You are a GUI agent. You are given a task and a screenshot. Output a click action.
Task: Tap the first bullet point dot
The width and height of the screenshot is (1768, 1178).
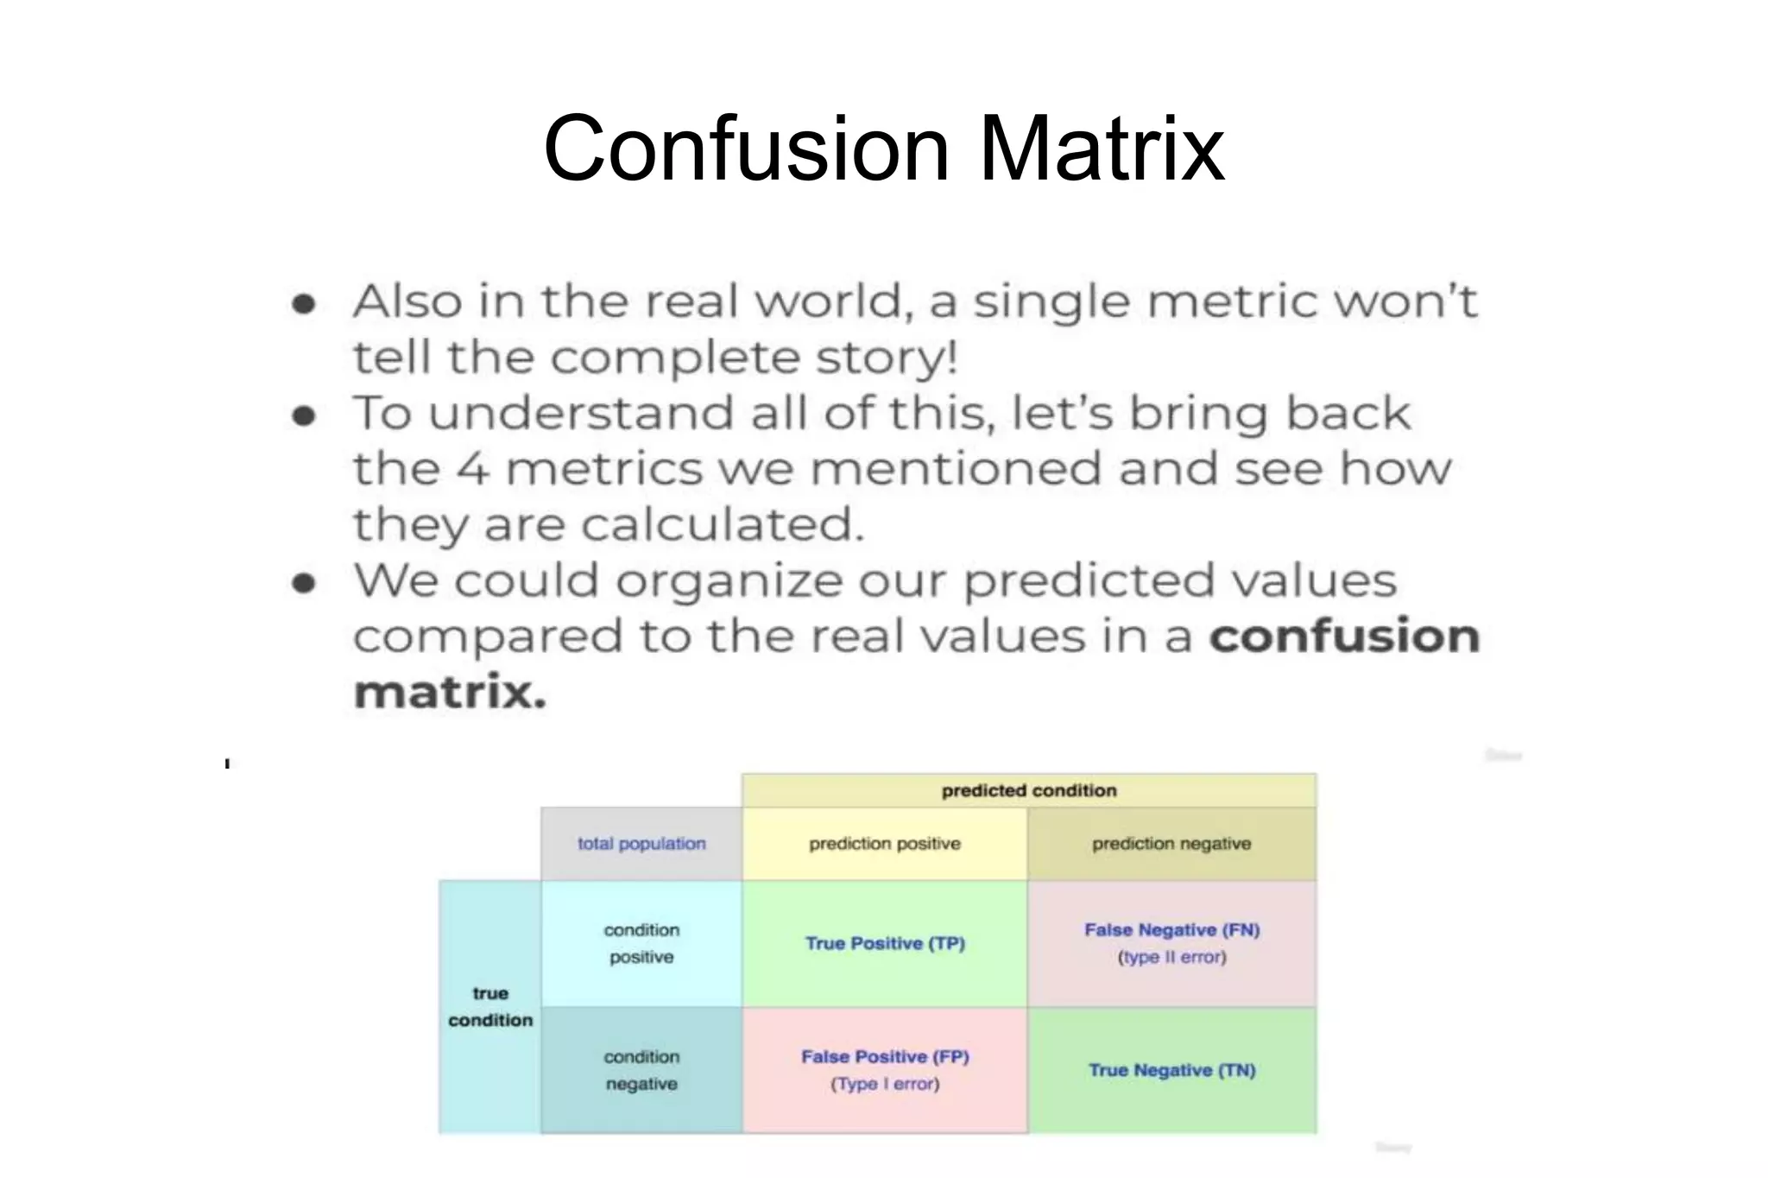coord(303,304)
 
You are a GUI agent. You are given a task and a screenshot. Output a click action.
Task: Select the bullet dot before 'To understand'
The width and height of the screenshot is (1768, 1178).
coord(303,416)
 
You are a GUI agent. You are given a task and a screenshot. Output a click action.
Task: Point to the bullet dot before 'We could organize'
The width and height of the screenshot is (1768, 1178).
coord(303,584)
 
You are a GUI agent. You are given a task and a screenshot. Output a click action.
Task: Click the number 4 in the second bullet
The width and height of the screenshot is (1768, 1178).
coord(472,470)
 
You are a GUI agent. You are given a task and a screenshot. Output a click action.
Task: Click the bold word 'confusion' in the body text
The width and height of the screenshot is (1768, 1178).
coord(1344,636)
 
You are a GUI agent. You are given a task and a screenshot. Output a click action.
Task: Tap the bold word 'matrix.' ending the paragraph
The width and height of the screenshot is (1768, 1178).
coord(450,693)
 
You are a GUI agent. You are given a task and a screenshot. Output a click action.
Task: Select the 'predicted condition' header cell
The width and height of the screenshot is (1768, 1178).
coord(1028,790)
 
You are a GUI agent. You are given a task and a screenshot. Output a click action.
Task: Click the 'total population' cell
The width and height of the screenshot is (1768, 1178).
coord(641,844)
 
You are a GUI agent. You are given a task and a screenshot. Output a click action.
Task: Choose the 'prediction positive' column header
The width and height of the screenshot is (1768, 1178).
coord(884,844)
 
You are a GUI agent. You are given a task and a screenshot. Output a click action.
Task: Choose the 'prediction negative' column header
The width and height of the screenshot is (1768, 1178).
coord(1171,844)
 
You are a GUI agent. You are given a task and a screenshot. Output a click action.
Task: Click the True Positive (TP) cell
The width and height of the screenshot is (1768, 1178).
coord(884,943)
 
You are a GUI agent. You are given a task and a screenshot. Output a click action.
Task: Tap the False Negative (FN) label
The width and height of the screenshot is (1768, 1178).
coord(1171,930)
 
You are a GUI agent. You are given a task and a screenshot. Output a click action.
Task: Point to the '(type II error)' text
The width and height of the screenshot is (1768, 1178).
coord(1171,957)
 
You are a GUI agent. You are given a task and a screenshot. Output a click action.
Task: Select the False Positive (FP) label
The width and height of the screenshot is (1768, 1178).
coord(884,1057)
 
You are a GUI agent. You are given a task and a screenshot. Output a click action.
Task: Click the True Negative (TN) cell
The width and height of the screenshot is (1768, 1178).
coord(1171,1070)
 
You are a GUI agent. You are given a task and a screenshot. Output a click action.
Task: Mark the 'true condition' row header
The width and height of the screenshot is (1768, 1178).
coord(490,1007)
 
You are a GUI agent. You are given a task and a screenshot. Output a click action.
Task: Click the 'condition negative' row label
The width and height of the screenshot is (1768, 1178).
coord(641,1070)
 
